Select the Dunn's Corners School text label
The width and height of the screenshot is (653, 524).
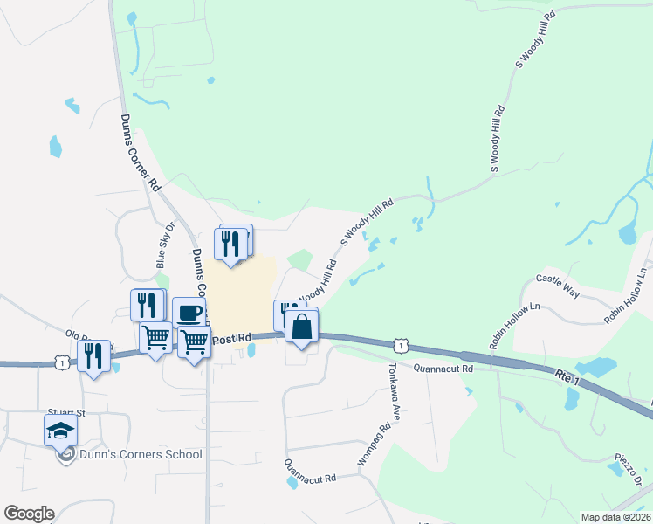pyautogui.click(x=140, y=454)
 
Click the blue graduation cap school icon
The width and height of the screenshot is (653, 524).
pyautogui.click(x=60, y=431)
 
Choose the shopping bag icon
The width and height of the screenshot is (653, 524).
pyautogui.click(x=301, y=327)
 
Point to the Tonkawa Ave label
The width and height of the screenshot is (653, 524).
pyautogui.click(x=393, y=392)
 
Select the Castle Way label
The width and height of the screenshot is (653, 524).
pyautogui.click(x=558, y=286)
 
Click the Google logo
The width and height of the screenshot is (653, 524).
pyautogui.click(x=29, y=514)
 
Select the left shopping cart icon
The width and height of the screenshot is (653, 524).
pyautogui.click(x=155, y=336)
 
